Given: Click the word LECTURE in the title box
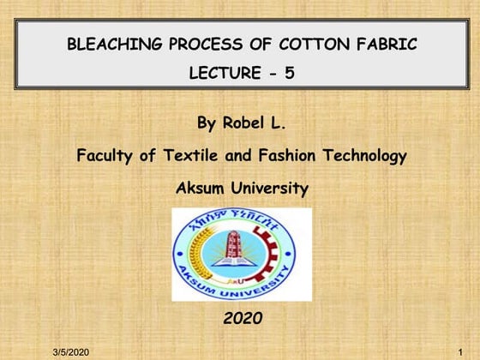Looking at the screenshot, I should click(x=219, y=74).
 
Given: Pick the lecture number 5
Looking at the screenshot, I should click(x=290, y=74).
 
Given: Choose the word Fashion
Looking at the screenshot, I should click(x=275, y=156).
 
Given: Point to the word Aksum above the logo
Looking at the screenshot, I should click(x=202, y=188).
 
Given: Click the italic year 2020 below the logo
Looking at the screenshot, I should click(x=243, y=319).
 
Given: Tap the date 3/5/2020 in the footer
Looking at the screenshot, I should click(x=70, y=352).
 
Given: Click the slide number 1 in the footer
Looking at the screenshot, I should click(x=461, y=352).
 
